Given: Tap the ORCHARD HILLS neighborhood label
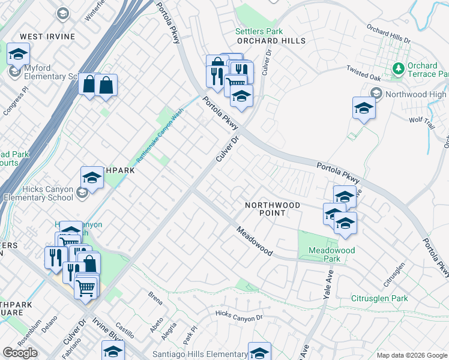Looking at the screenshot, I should tap(271, 41).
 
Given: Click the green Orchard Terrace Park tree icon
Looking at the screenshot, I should tap(397, 70).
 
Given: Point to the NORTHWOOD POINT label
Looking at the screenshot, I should tap(272, 209).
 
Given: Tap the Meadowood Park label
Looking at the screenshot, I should tap(332, 254).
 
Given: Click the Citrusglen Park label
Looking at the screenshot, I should tap(379, 298).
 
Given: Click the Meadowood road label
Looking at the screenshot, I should tap(255, 241).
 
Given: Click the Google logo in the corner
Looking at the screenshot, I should tap(20, 352).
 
